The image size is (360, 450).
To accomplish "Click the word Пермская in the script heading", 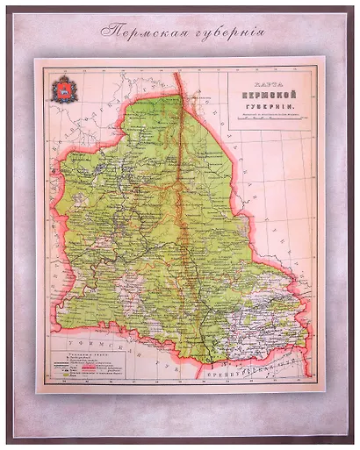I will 144,34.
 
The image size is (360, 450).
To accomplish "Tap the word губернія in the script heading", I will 221,34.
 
